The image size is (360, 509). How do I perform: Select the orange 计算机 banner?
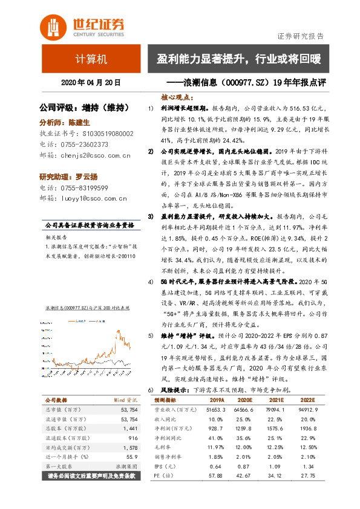pyautogui.click(x=91, y=59)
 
